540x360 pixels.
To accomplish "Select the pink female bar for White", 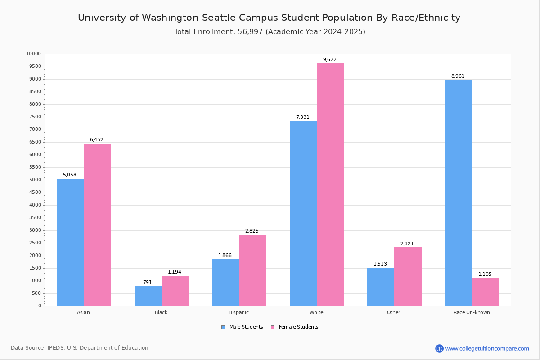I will (x=330, y=184).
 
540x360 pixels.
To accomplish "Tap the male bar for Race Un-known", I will (x=459, y=193).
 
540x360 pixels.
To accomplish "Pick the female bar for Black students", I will (x=175, y=291).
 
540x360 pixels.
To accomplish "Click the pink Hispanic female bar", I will (x=252, y=270).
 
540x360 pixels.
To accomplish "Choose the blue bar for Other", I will (x=381, y=287).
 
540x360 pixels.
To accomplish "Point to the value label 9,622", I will (x=330, y=60).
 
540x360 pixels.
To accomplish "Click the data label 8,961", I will (x=458, y=76).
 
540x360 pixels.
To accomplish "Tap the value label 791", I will (x=148, y=283).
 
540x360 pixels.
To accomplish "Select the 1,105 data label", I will (x=485, y=274).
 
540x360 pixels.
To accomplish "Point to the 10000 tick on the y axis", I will (x=34, y=54).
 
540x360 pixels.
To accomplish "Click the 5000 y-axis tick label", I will (x=35, y=180).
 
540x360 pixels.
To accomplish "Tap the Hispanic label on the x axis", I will (x=238, y=312).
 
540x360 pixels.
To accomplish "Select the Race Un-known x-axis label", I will (x=472, y=312).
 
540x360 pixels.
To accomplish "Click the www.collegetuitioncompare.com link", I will (x=487, y=348).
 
